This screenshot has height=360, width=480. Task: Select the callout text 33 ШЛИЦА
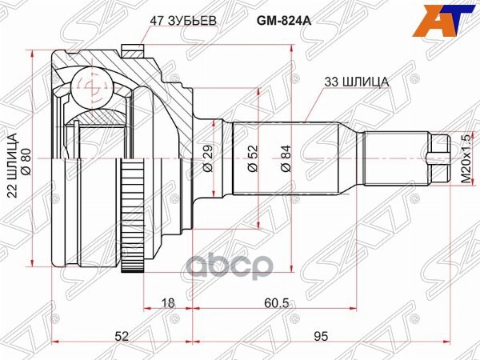coord(355,81)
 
